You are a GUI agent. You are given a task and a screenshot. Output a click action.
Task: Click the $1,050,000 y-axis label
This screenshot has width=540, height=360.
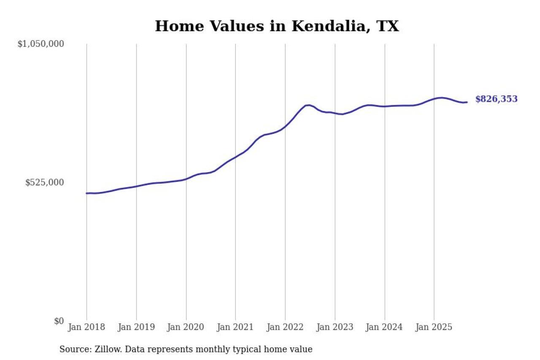click(40, 43)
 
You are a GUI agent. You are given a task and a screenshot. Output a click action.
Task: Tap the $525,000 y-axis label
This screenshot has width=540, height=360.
click(45, 182)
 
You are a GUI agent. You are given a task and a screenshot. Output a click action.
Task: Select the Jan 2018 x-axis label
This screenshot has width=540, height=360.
click(86, 328)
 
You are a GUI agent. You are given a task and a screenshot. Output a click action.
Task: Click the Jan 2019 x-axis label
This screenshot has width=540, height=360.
click(136, 328)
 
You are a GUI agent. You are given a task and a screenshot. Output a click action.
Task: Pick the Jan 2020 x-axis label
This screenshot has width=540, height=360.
click(186, 328)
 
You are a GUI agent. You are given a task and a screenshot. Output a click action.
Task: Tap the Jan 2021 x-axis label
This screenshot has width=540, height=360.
click(235, 328)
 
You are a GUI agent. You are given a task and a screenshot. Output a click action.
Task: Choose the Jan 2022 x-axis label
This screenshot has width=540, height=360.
click(285, 328)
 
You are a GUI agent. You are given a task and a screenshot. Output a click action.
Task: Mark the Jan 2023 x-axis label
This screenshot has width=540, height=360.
click(335, 328)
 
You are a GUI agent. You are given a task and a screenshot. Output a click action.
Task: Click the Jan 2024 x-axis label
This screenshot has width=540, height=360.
click(384, 328)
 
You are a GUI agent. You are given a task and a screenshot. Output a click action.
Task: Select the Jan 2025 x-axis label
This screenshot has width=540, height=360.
click(434, 328)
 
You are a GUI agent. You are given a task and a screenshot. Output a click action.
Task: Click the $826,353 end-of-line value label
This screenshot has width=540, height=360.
click(496, 99)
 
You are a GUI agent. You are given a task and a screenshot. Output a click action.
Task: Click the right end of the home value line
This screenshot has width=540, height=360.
click(467, 102)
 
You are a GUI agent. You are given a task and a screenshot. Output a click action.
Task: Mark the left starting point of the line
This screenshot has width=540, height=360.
click(87, 193)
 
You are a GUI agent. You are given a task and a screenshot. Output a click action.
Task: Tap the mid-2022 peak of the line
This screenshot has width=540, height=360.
click(308, 105)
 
